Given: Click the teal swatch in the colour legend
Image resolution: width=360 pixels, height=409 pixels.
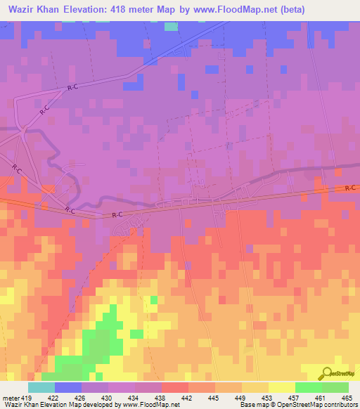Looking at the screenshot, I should pyautogui.click(x=41, y=387).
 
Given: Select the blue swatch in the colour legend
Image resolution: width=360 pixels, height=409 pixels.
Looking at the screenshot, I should pyautogui.click(x=68, y=387).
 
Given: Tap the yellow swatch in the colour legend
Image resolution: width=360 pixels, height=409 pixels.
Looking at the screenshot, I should pyautogui.click(x=281, y=387).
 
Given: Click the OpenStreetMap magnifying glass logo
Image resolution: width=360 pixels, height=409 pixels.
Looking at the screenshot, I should pyautogui.click(x=326, y=372).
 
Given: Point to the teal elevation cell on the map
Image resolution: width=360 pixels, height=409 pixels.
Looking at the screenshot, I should pyautogui.click(x=171, y=26).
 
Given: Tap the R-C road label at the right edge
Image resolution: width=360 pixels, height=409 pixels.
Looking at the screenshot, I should pyautogui.click(x=350, y=188).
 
